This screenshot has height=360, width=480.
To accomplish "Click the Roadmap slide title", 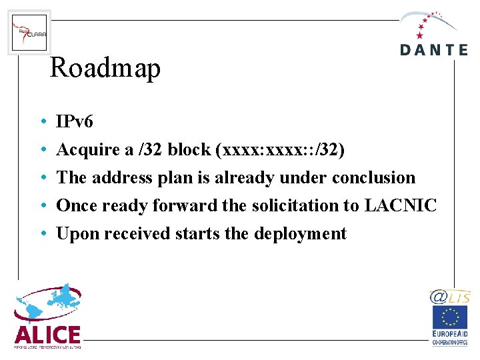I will pyautogui.click(x=105, y=68).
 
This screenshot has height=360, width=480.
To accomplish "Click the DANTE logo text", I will pyautogui.click(x=434, y=49).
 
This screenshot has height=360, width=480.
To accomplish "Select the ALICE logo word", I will pyautogui.click(x=47, y=334).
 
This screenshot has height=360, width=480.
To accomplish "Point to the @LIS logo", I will pyautogui.click(x=450, y=297).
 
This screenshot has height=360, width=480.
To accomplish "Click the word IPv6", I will pyautogui.click(x=75, y=121).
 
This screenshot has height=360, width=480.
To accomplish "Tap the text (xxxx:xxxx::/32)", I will pyautogui.click(x=280, y=149).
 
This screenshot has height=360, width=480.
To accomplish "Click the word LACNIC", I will pyautogui.click(x=400, y=205).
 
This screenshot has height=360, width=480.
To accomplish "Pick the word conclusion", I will pyautogui.click(x=373, y=177).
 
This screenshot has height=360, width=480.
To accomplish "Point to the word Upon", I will pyautogui.click(x=75, y=234).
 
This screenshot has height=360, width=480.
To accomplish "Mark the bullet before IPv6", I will pyautogui.click(x=42, y=122).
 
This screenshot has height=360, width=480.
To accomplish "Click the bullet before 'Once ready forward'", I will pyautogui.click(x=42, y=206).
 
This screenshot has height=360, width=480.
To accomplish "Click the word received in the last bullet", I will pyautogui.click(x=132, y=233).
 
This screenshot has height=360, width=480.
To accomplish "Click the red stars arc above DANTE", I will pyautogui.click(x=427, y=22).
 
